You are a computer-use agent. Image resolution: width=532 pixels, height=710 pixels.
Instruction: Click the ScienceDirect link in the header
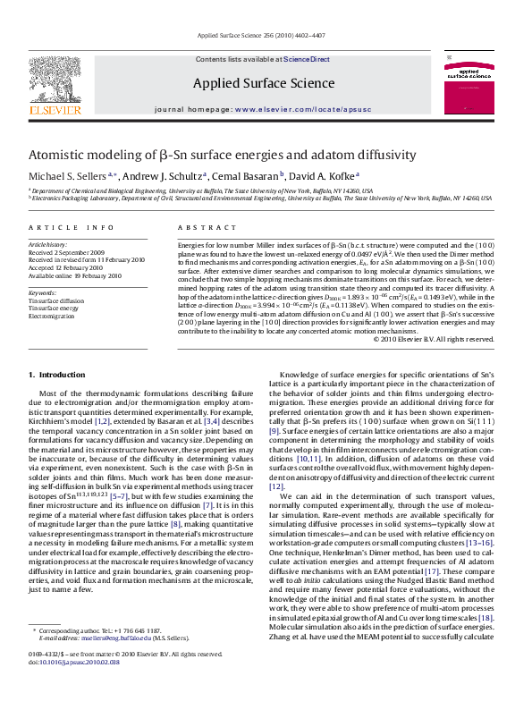[307, 59]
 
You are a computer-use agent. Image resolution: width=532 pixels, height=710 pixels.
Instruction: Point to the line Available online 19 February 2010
[74, 275]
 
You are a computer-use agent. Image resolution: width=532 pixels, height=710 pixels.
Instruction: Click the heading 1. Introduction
[56, 375]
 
